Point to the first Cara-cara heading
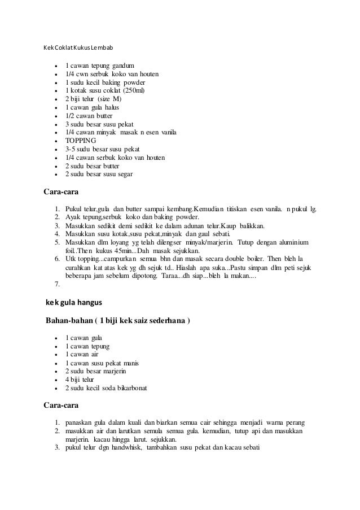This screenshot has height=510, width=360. click(x=61, y=191)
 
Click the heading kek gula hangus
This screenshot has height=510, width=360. click(x=74, y=303)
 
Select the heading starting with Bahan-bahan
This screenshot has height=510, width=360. click(x=117, y=321)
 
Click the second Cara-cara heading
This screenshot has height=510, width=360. click(x=61, y=405)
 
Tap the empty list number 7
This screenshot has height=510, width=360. click(x=58, y=283)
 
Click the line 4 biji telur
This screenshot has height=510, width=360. click(x=80, y=380)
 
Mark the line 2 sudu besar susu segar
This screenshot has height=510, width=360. click(x=99, y=175)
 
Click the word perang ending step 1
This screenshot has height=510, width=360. click(x=293, y=422)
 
